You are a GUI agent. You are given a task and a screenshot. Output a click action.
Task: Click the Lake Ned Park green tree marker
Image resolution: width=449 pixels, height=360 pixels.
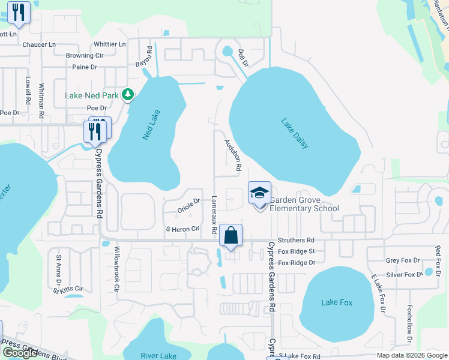[x=127, y=94]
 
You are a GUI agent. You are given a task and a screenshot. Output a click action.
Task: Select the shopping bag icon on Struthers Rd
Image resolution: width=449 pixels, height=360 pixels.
[x=231, y=236]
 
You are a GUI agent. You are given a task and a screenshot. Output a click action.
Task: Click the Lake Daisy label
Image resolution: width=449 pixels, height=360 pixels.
[x=295, y=132]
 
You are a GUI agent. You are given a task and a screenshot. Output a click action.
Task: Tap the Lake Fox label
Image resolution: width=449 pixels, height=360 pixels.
[x=337, y=302]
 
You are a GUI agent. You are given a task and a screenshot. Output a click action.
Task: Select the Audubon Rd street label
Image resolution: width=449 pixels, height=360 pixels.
[x=232, y=155]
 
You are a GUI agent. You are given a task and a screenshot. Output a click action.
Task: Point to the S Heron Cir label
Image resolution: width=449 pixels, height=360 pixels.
[x=182, y=229]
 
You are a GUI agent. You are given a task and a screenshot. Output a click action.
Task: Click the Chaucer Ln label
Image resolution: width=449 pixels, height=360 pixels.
[x=38, y=44]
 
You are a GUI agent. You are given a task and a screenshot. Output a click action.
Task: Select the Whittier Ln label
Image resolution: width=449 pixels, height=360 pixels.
[x=110, y=44]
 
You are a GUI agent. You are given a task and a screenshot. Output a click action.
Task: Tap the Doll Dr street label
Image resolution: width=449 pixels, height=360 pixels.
[x=243, y=58]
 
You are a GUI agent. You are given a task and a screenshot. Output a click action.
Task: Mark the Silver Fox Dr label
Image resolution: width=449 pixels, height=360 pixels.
[x=405, y=274]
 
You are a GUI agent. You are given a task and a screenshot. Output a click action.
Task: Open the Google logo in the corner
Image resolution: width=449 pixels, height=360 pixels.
[x=20, y=353]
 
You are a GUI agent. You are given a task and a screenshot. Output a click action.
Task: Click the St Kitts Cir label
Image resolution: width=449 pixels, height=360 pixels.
[x=67, y=289]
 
